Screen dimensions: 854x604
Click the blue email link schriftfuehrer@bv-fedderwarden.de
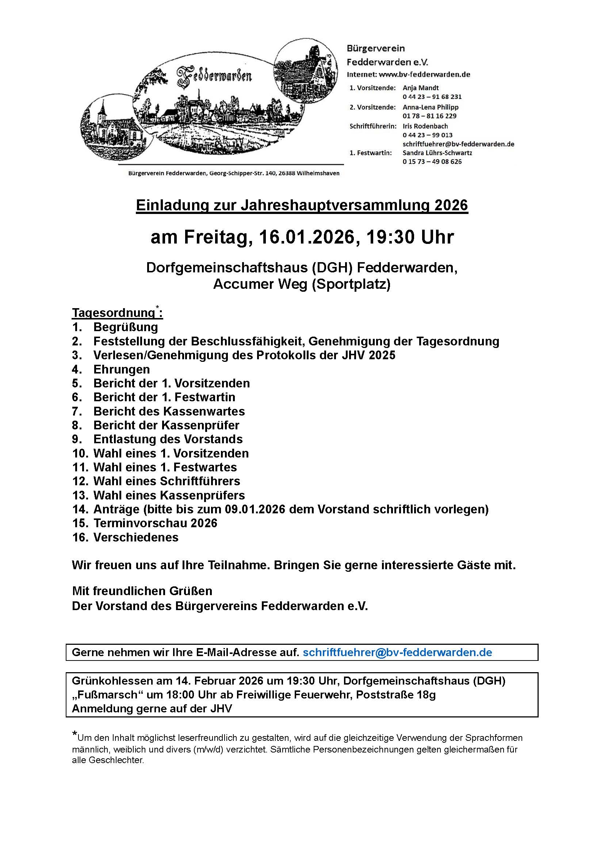click(397, 652)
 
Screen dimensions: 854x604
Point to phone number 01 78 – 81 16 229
click(429, 116)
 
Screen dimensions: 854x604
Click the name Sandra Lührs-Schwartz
click(437, 153)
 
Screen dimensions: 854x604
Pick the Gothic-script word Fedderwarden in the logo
click(215, 76)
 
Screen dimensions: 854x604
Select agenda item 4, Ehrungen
click(122, 369)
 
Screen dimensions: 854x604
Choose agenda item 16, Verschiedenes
click(136, 537)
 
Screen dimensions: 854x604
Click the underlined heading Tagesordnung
click(114, 313)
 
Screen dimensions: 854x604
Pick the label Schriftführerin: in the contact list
click(373, 126)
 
